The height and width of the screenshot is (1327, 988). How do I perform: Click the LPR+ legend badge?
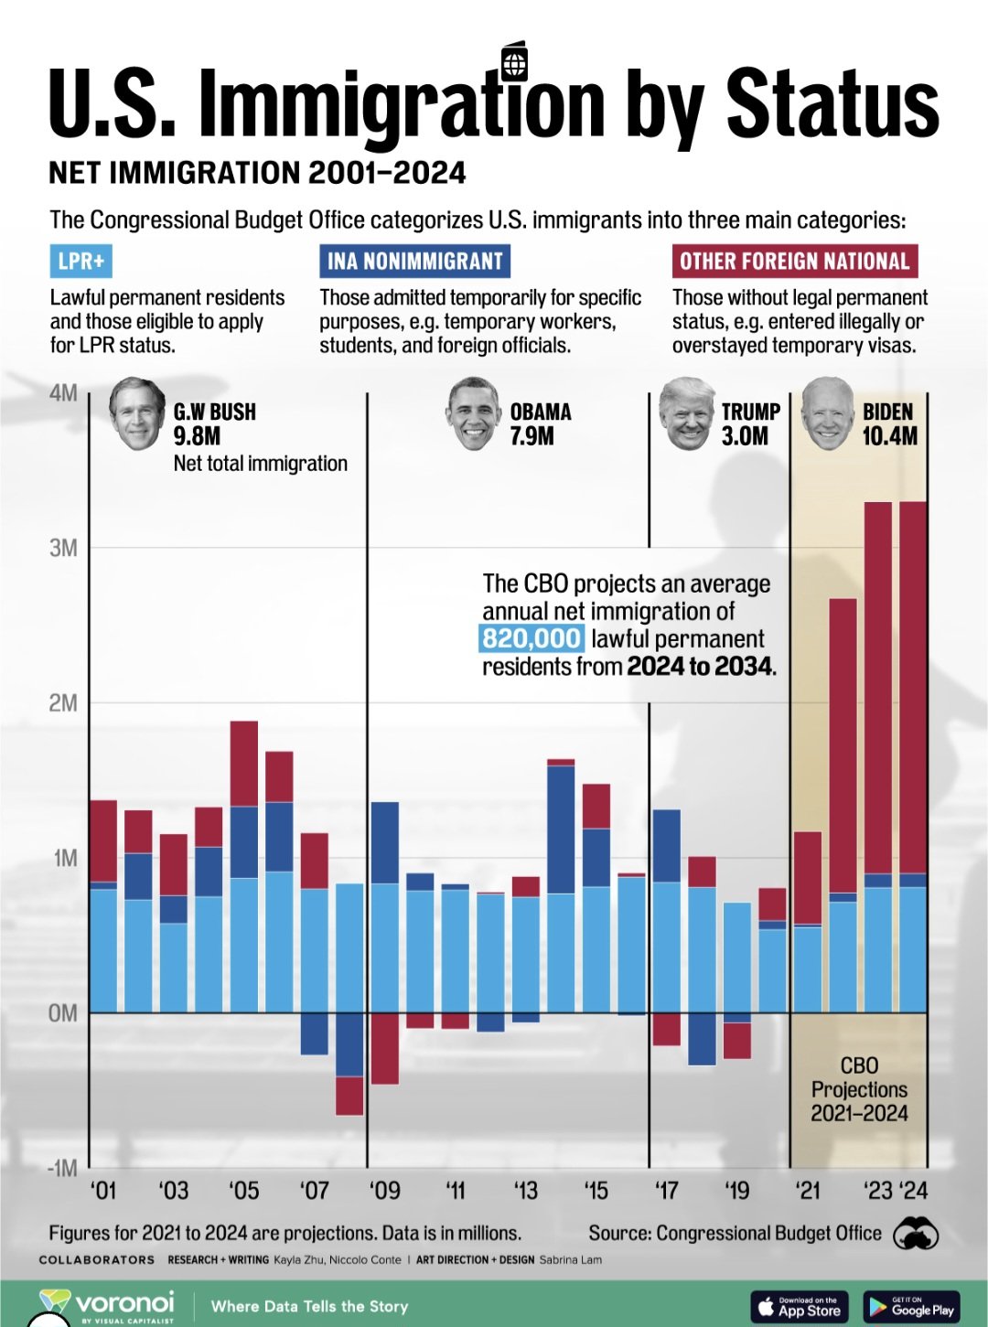[81, 262]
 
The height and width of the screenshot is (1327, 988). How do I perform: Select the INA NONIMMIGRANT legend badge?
[414, 262]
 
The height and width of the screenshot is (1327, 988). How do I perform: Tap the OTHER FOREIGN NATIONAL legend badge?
[794, 262]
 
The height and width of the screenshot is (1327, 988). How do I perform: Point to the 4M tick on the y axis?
[63, 393]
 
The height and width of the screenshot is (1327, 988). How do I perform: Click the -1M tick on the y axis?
[62, 1169]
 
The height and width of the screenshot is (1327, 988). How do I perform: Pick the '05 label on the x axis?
[243, 1191]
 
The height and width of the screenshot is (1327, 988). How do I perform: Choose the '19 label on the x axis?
[736, 1191]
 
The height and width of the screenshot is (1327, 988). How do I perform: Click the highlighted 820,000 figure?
[532, 638]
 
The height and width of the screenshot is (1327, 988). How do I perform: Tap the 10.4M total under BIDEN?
[889, 436]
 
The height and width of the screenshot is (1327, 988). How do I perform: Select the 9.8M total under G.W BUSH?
[197, 436]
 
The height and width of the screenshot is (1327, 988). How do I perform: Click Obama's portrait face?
[474, 414]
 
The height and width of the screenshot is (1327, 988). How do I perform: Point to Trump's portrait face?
[686, 414]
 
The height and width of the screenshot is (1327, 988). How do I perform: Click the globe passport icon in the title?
[515, 64]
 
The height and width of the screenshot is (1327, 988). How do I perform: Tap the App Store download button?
[800, 1306]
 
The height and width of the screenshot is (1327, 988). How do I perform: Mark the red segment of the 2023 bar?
[878, 686]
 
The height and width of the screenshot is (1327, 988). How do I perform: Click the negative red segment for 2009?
[384, 1048]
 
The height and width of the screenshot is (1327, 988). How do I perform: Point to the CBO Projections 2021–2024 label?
[859, 1089]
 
